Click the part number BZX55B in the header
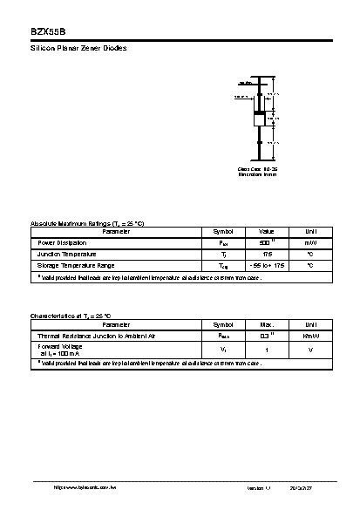coord(41,29)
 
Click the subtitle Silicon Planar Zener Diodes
coord(78,48)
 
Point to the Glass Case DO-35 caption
coord(258,169)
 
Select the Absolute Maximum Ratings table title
coord(87,224)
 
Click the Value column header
coord(267,231)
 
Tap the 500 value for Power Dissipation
coord(266,242)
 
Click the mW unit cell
coord(309,242)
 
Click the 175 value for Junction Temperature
coord(267,254)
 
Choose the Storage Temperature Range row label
coord(75,265)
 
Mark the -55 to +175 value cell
coord(267,265)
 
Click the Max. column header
coord(267,323)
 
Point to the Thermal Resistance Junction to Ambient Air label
coord(96,335)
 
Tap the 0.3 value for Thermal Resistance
coord(266,335)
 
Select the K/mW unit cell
coord(309,335)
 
